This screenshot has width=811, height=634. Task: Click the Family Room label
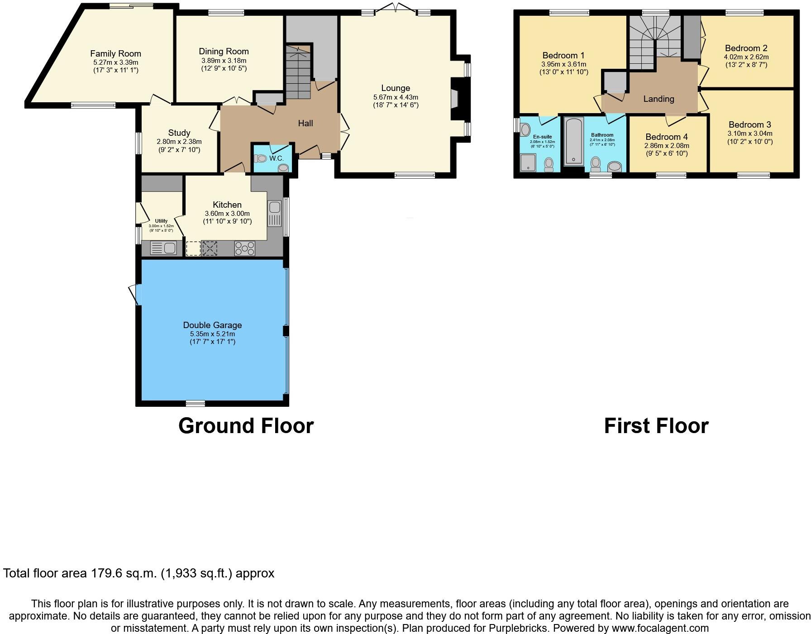click(115, 53)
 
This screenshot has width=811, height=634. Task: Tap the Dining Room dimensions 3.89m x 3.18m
click(224, 60)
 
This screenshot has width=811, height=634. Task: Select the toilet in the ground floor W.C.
click(261, 159)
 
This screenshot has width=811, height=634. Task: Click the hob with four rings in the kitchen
click(244, 248)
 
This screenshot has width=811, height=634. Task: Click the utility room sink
click(170, 248)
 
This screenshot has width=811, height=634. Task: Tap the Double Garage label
click(212, 325)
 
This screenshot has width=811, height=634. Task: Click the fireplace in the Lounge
click(455, 99)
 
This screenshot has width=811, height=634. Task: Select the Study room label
click(179, 133)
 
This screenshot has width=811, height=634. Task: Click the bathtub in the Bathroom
click(573, 141)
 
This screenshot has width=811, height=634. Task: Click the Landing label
click(658, 99)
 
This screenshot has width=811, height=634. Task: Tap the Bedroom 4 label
click(666, 137)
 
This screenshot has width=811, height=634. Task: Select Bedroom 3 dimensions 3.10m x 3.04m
click(749, 133)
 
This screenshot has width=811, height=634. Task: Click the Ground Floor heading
click(246, 426)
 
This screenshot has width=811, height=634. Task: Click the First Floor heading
click(656, 426)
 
